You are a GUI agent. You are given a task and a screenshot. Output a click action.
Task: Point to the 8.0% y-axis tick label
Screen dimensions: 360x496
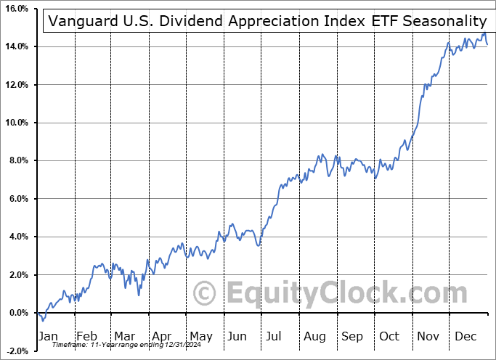pyautogui.click(x=17, y=160)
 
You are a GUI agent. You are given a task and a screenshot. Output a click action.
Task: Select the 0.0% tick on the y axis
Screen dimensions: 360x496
pyautogui.click(x=17, y=313)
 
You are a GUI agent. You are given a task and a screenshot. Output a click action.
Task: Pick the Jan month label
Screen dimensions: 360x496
pyautogui.click(x=49, y=336)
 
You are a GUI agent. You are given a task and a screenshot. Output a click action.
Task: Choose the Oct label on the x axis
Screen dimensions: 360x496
pyautogui.click(x=390, y=336)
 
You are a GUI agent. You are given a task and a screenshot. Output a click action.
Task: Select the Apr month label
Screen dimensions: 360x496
pyautogui.click(x=162, y=336)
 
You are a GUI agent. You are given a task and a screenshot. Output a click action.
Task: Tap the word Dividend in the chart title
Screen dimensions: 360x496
pyautogui.click(x=174, y=22)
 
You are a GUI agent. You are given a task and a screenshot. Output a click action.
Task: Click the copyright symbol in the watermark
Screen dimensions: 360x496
pyautogui.click(x=205, y=294)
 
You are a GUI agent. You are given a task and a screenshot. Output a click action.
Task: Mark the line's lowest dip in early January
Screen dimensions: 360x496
pyautogui.click(x=43, y=320)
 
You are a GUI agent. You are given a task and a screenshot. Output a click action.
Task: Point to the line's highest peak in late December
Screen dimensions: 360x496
pyautogui.click(x=484, y=33)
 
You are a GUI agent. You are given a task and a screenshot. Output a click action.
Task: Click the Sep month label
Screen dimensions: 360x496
pyautogui.click(x=352, y=336)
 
